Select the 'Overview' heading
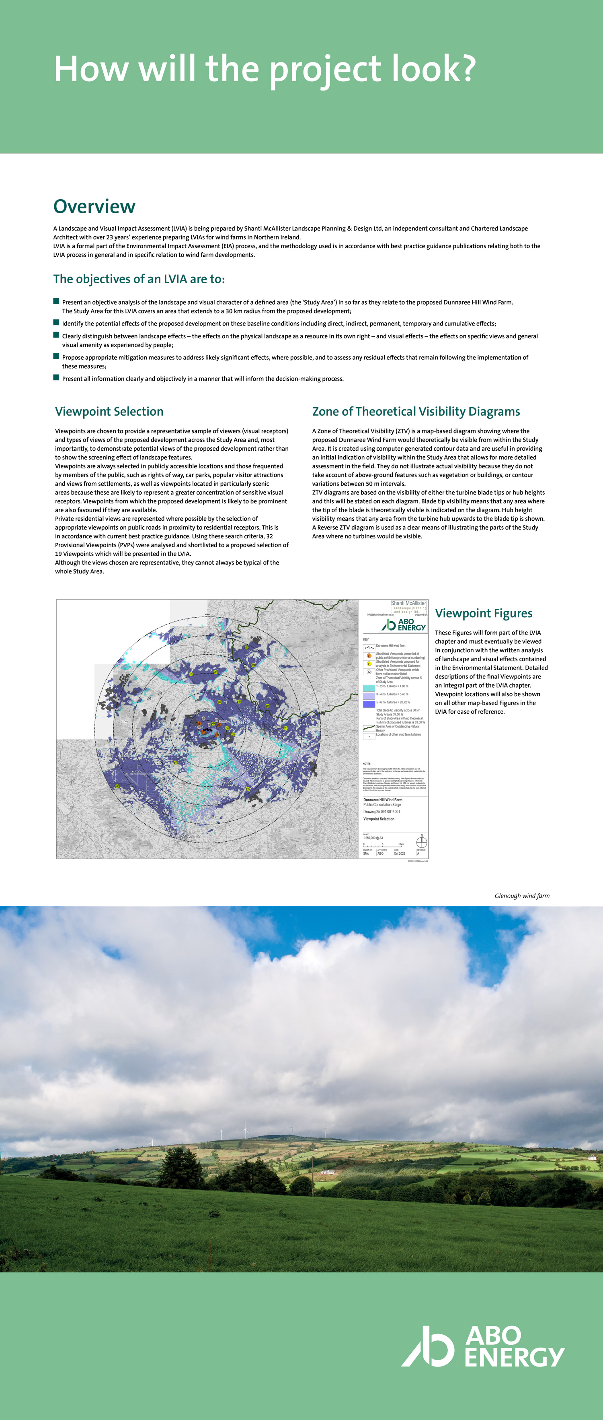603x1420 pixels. coord(94,206)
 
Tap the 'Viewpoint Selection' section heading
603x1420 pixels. coord(109,411)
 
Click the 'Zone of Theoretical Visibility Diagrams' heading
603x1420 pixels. coord(416,411)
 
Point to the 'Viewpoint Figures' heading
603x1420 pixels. coord(484,613)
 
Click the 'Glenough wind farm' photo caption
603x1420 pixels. coord(521,896)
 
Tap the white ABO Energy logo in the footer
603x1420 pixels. coord(482,1346)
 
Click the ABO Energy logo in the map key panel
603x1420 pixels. coord(404,624)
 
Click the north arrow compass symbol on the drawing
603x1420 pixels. coord(421,842)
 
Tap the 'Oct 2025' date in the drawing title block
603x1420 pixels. coord(399,853)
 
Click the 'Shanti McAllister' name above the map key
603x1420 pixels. coord(408,603)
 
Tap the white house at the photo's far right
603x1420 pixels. coord(593,1157)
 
